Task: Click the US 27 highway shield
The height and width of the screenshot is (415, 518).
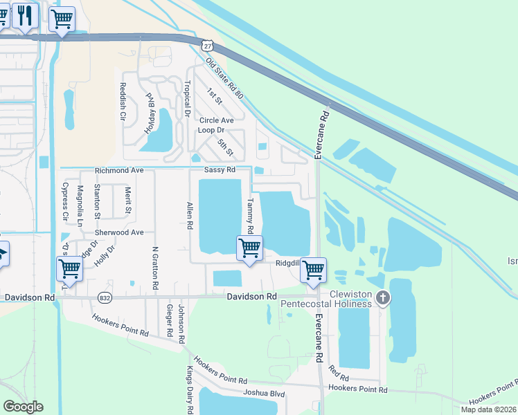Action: (x=207, y=45)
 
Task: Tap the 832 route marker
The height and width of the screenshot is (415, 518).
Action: (x=105, y=297)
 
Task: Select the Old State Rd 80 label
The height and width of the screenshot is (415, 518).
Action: (x=224, y=77)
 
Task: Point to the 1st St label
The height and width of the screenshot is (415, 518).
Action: (x=213, y=96)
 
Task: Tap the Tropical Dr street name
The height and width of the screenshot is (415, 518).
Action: (x=187, y=98)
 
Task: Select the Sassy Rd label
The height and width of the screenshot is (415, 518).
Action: (x=220, y=170)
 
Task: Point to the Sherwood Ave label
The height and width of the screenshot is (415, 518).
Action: (x=119, y=233)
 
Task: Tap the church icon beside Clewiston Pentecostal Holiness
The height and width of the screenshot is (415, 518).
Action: (x=382, y=298)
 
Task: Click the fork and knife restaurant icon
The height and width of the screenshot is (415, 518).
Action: (x=25, y=15)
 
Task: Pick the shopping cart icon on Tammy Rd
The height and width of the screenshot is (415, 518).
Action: (x=249, y=248)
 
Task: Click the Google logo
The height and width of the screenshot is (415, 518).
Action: (x=23, y=407)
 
